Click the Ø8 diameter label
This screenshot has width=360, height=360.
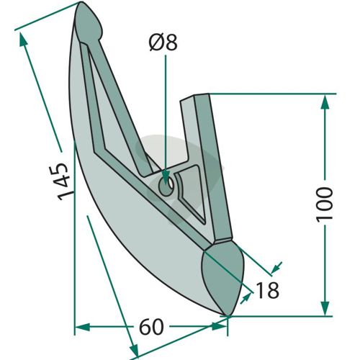pyautogui.click(x=163, y=42)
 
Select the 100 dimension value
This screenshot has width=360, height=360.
pyautogui.click(x=325, y=204)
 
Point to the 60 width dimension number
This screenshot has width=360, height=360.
pyautogui.click(x=151, y=327)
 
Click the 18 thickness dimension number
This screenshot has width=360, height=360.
pyautogui.click(x=267, y=290)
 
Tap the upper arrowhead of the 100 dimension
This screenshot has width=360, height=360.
pyautogui.click(x=325, y=102)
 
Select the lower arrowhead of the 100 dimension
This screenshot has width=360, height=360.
pyautogui.click(x=325, y=307)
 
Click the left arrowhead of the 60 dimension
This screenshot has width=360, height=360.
pyautogui.click(x=82, y=327)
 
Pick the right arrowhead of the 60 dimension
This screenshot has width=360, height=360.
pyautogui.click(x=220, y=327)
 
